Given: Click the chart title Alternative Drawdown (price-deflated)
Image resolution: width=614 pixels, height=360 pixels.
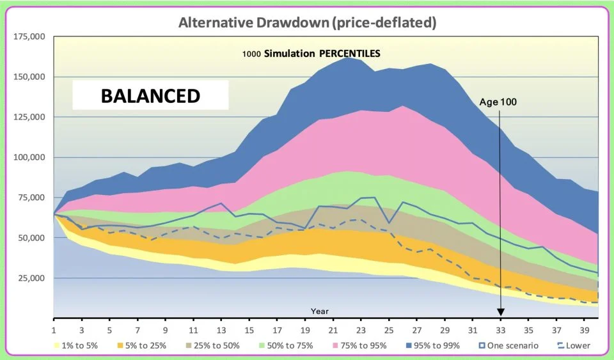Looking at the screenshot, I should pos(307,23).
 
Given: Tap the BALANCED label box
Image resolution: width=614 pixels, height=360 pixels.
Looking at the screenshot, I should pos(150,96).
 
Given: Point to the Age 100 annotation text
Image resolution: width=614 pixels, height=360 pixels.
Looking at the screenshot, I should pos(498,101).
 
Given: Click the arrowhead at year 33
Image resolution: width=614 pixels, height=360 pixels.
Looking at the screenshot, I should pos(501,311).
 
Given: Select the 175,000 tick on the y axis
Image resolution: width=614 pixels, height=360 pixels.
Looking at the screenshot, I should pos(29,36).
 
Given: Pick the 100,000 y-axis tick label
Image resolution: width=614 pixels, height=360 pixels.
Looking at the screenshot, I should pos(29,157).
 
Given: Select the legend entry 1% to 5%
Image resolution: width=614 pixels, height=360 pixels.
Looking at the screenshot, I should pos(81,346).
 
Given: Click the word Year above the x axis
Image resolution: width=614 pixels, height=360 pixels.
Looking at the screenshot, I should pos(320,311).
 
